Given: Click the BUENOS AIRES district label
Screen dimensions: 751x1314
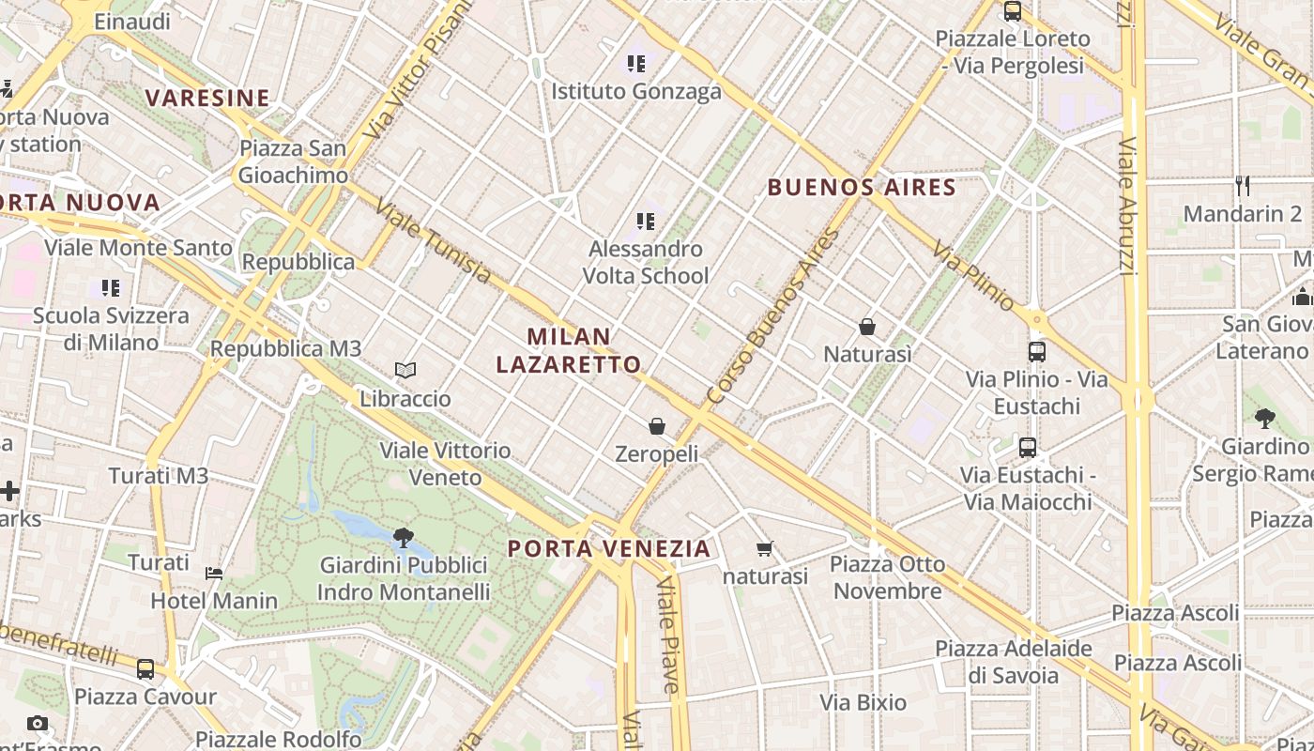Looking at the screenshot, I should pos(862,187).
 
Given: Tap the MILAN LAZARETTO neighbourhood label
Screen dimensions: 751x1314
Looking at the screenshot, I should pos(569,350).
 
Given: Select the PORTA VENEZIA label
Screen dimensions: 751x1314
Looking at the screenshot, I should pos(609,548).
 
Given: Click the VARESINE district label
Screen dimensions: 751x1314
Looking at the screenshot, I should pos(207,98).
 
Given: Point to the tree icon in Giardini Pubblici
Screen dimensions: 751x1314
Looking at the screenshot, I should pos(404,538).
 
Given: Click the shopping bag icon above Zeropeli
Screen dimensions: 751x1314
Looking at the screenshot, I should pos(657,426).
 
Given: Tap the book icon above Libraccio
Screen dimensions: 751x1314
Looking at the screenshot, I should pos(405,371).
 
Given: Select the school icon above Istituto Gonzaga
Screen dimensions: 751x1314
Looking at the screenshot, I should pos(636,64).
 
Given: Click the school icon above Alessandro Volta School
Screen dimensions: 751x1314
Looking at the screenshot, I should pos(645,222).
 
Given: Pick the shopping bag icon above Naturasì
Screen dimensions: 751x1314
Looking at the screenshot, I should pos(867,327).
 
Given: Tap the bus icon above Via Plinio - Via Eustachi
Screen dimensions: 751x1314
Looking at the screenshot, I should pos(1037,352).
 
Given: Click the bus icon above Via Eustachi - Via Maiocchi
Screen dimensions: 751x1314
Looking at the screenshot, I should pos(1028,448).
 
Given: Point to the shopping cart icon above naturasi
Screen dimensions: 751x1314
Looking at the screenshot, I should pos(765,548).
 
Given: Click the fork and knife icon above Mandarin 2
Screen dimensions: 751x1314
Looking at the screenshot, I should pos(1244,185).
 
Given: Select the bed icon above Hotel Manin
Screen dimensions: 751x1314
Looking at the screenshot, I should pos(214,573).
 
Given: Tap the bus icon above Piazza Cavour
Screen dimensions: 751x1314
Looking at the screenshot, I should pos(145,669).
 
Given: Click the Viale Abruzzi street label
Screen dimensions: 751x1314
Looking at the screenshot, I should pos(1128,207).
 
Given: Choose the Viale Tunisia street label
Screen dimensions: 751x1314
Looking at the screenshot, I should pos(433,240).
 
